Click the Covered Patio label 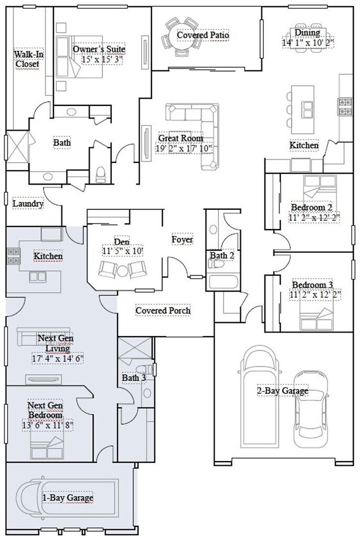coord(203,35)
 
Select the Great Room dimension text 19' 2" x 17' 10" coord(184,148)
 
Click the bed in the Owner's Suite coord(80,57)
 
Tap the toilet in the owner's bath coord(101,174)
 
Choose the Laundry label coord(28,204)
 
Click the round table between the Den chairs coord(122,271)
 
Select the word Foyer coord(182,239)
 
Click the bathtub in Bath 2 coord(223,282)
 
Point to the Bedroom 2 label coord(312,207)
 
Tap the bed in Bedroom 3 coord(316,319)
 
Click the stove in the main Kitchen coord(345,106)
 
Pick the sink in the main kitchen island coord(307,109)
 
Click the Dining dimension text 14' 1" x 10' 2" coord(308,43)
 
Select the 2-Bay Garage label coord(283,391)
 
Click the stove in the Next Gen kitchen coord(14,256)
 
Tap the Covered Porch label coord(163,310)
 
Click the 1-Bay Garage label coord(68,498)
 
